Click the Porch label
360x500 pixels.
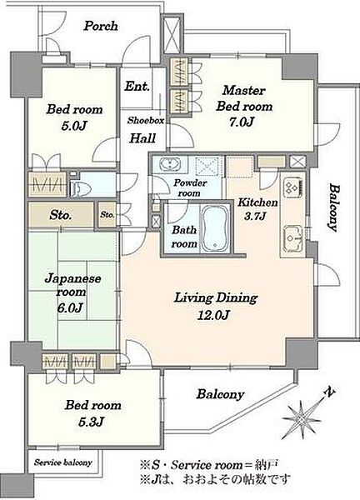coord(101,26)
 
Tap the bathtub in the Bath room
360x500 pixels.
coord(215,227)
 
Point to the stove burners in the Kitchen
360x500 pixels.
coord(292,187)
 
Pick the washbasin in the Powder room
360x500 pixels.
coord(170,164)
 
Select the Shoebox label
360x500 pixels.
coord(146,120)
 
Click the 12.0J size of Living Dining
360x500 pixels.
coord(213,315)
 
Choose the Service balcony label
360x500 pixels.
coord(63,462)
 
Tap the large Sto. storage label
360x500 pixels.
coord(60,215)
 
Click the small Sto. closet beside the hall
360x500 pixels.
coord(107,215)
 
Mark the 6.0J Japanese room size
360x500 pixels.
coord(70,307)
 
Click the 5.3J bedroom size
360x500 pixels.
coord(91,422)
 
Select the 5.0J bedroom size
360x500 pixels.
coord(74,126)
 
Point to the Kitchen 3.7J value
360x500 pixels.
coord(255,216)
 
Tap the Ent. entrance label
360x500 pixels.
coord(137,86)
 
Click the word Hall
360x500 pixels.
coord(142,138)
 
